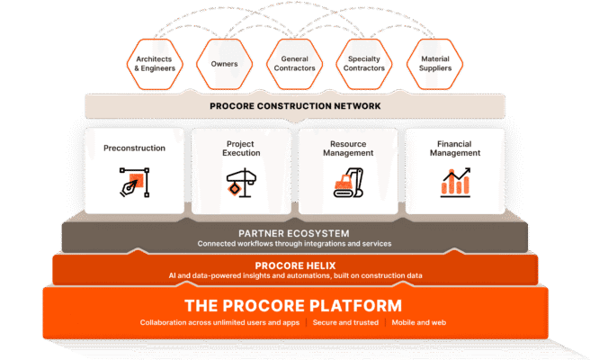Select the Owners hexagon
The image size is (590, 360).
tap(224, 63)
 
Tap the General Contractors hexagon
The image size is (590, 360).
tap(295, 63)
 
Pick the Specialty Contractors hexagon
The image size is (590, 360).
tap(366, 63)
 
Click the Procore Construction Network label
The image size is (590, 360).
tap(295, 106)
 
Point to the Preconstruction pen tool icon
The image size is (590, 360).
tap(134, 183)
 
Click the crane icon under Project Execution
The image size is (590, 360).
tap(241, 183)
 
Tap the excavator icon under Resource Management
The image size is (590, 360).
tap(348, 183)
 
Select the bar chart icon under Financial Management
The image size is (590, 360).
tap(455, 183)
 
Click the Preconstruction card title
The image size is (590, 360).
tap(134, 147)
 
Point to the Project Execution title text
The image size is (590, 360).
tap(241, 148)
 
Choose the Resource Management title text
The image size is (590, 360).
tap(348, 148)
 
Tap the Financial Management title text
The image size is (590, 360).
tap(455, 148)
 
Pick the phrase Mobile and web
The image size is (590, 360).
tap(419, 322)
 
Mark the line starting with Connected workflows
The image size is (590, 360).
tap(295, 243)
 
